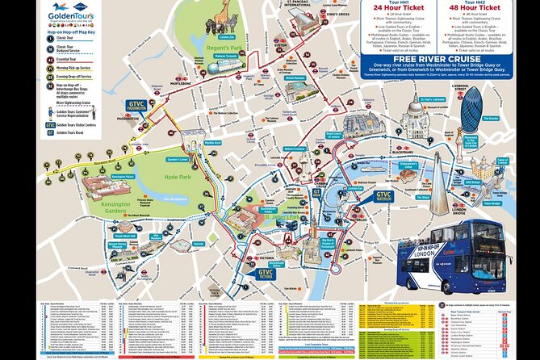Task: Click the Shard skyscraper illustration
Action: [440, 182]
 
